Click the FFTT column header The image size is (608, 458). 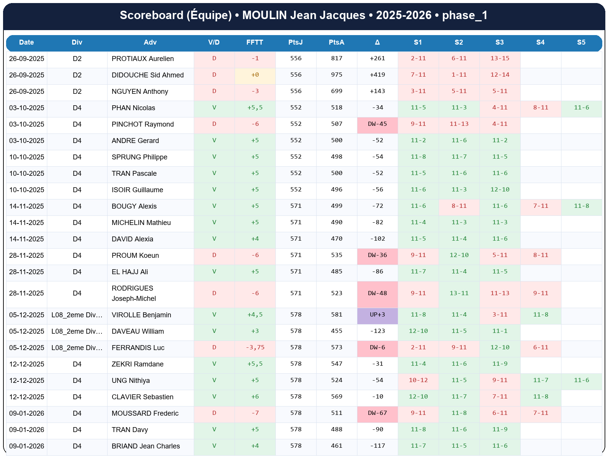point(255,42)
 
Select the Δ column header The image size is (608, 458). point(377,42)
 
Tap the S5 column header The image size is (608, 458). point(581,42)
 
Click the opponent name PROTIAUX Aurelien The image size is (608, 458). point(143,59)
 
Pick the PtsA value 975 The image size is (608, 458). point(336,75)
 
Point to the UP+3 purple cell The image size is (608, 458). point(377,315)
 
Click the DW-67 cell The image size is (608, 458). point(377,413)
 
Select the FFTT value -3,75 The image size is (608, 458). point(255,347)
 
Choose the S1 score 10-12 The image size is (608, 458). point(418,380)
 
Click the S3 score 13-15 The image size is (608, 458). point(500,58)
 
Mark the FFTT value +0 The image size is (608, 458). point(255,75)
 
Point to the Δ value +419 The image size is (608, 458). point(377,75)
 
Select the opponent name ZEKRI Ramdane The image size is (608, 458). point(137,364)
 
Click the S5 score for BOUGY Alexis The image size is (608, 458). point(581,206)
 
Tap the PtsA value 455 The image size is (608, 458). point(336,331)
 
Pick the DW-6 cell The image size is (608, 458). point(377,347)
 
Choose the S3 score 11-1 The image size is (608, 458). point(500,331)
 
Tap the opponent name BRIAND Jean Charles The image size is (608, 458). point(146,446)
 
